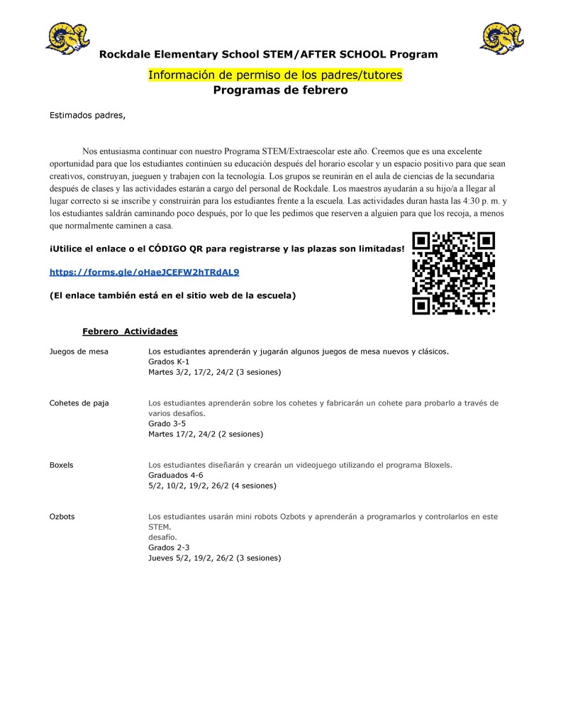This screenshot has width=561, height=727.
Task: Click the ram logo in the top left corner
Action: coord(67,38)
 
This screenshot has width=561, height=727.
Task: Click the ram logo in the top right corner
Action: coord(501,38)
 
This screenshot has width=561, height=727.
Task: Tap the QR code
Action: coord(453,273)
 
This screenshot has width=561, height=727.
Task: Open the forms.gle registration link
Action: coord(144,272)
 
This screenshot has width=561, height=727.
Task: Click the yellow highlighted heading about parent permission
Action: coord(275,75)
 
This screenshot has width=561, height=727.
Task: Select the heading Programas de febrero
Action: coord(281,91)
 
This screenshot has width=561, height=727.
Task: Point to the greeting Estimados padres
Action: coord(87,115)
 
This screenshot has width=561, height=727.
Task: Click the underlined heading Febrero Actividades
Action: coord(130,332)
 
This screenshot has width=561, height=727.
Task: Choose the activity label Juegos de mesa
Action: coord(79,351)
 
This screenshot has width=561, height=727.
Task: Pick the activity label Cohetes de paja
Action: coord(79,403)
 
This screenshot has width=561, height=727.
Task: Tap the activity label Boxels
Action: coord(62,465)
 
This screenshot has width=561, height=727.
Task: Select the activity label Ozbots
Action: coord(62,517)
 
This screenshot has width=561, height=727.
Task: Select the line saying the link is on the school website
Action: coord(172,295)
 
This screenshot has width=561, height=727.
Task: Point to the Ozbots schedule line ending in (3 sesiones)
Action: coord(214,558)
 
